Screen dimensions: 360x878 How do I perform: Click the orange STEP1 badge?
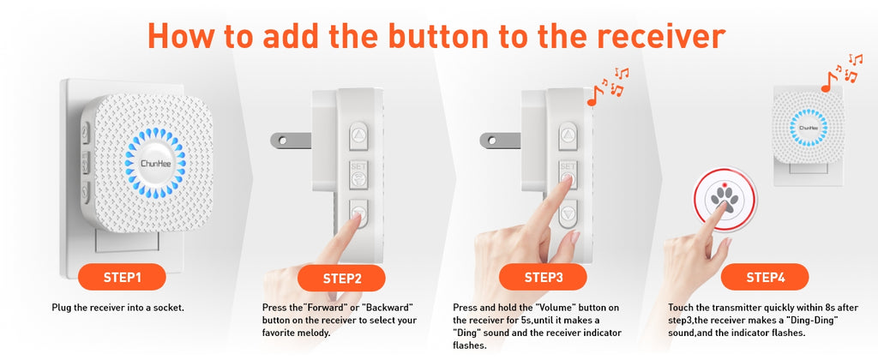(x=122, y=277)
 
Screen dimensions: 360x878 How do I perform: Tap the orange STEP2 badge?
(x=342, y=278)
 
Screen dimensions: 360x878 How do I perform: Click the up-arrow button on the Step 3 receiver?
(x=566, y=135)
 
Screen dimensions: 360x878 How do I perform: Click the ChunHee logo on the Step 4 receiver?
(x=806, y=129)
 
